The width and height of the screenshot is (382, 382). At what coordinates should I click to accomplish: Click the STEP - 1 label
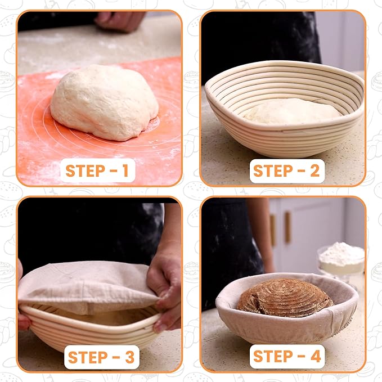pyautogui.click(x=97, y=170)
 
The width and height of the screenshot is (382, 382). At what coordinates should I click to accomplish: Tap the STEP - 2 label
pyautogui.click(x=286, y=170)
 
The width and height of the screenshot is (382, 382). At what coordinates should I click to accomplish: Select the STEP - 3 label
pyautogui.click(x=101, y=357)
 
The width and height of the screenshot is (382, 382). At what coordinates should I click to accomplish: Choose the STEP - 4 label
pyautogui.click(x=287, y=357)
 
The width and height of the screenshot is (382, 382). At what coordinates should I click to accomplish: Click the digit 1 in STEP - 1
pyautogui.click(x=125, y=170)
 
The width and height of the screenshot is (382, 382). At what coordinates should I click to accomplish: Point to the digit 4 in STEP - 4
pyautogui.click(x=316, y=357)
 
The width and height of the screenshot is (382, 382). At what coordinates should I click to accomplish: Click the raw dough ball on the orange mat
pyautogui.click(x=105, y=102)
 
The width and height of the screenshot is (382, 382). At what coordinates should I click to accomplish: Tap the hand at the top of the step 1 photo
pyautogui.click(x=119, y=21)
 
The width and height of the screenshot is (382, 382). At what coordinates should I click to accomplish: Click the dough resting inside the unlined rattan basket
pyautogui.click(x=291, y=111)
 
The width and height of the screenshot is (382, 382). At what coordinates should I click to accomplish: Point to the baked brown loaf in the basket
pyautogui.click(x=285, y=297)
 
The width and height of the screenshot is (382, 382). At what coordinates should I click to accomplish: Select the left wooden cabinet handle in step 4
pyautogui.click(x=273, y=230)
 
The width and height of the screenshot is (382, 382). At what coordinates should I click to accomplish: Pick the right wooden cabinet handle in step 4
pyautogui.click(x=288, y=227)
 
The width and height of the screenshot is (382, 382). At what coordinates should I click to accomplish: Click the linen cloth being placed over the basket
pyautogui.click(x=88, y=286)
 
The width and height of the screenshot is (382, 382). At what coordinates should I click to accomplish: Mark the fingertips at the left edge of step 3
pyautogui.click(x=23, y=322)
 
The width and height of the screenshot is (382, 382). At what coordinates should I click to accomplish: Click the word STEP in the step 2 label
pyautogui.click(x=273, y=170)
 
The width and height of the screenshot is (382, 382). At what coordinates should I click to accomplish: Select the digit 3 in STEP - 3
pyautogui.click(x=130, y=357)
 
